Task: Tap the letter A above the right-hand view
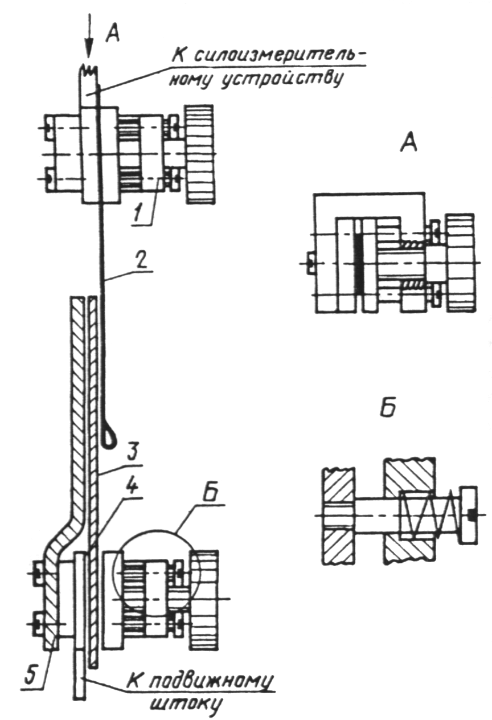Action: coord(409,142)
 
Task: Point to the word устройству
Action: coord(281,78)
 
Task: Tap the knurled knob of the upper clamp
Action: coord(200,154)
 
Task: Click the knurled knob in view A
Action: coord(461,263)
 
